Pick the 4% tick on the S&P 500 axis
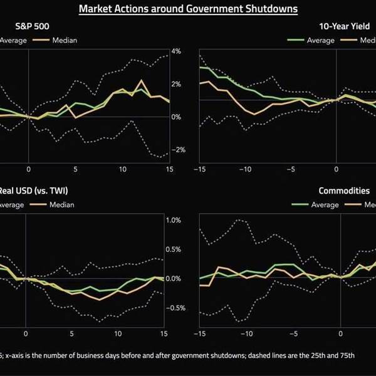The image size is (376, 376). tap(177, 51)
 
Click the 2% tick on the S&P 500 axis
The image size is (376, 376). tap(177, 84)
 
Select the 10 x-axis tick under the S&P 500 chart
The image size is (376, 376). tap(122, 170)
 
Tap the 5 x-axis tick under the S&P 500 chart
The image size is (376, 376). tap(75, 170)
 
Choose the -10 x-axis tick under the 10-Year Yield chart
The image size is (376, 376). tap(246, 170)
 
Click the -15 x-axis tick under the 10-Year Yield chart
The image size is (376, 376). tap(200, 170)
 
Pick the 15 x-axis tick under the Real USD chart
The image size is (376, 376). tap(164, 334)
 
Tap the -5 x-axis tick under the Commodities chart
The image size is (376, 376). tap(292, 334)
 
